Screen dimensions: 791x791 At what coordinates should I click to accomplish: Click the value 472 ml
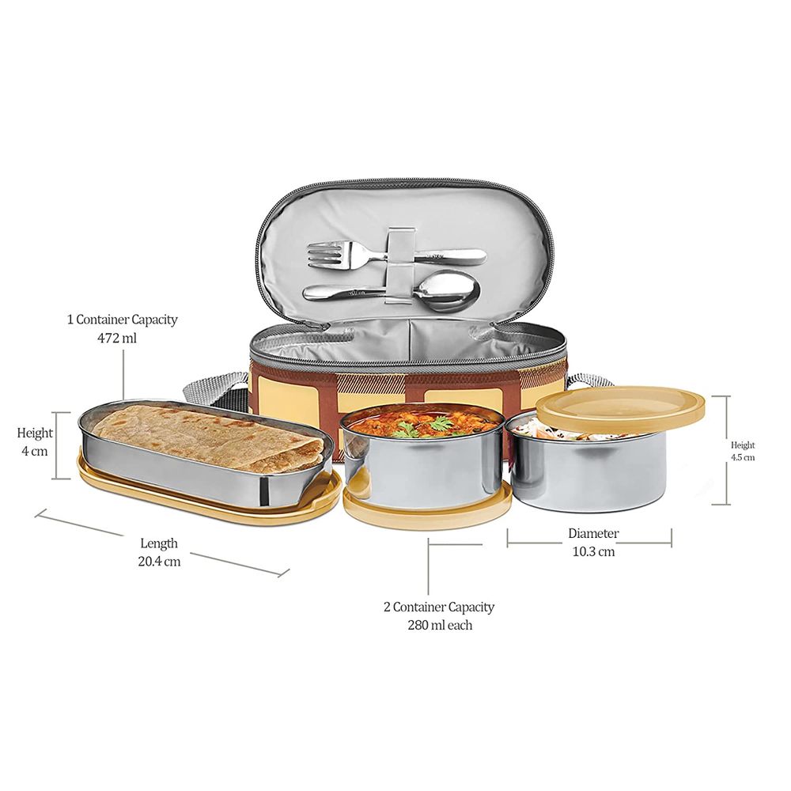(117, 338)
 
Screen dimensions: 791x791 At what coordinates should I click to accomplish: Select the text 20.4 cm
(160, 561)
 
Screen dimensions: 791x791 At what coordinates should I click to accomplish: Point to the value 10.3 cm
(593, 551)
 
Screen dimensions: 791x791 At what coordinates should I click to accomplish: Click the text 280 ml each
(440, 626)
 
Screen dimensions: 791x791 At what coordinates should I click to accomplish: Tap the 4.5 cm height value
(743, 457)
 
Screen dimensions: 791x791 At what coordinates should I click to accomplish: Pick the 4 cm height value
(35, 451)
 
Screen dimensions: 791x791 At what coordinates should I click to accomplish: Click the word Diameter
(593, 533)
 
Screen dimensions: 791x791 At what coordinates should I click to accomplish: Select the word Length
(159, 543)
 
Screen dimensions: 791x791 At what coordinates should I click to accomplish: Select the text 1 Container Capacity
(122, 320)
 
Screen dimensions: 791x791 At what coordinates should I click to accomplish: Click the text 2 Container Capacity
(439, 607)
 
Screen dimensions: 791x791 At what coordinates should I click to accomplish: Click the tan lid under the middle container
(426, 505)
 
